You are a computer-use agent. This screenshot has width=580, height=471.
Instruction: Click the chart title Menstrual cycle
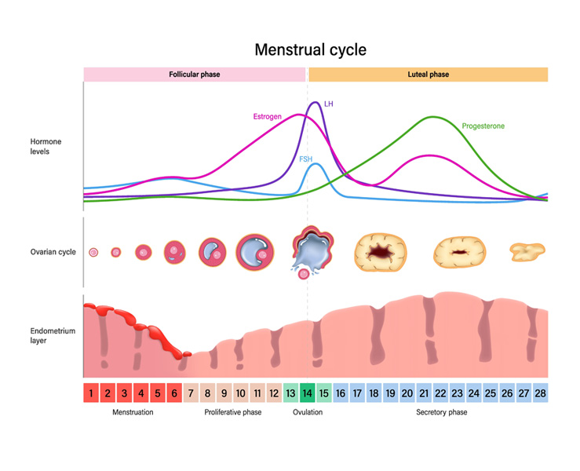pyautogui.click(x=310, y=50)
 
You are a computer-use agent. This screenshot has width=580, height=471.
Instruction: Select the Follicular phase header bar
pyautogui.click(x=195, y=75)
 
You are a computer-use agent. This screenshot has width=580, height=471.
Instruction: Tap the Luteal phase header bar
pyautogui.click(x=429, y=75)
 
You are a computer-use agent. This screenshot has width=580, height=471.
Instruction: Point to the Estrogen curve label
pyautogui.click(x=267, y=117)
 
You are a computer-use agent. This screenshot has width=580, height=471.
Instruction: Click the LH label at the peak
pyautogui.click(x=329, y=103)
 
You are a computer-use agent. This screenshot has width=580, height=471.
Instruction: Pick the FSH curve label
pyautogui.click(x=305, y=159)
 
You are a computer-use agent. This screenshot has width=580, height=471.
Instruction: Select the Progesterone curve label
pyautogui.click(x=483, y=126)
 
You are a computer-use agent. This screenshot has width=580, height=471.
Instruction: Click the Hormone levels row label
pyautogui.click(x=46, y=146)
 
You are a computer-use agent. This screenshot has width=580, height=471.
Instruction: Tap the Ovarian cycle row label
pyautogui.click(x=53, y=252)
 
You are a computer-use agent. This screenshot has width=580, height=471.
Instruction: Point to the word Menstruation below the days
pyautogui.click(x=133, y=412)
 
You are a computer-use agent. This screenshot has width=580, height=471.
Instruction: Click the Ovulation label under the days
pyautogui.click(x=308, y=412)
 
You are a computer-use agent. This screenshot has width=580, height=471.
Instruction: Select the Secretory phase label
pyautogui.click(x=441, y=412)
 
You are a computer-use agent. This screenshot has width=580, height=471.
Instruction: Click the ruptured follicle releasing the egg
pyautogui.click(x=312, y=251)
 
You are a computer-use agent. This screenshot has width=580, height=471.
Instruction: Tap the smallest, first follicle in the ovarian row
pyautogui.click(x=94, y=253)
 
